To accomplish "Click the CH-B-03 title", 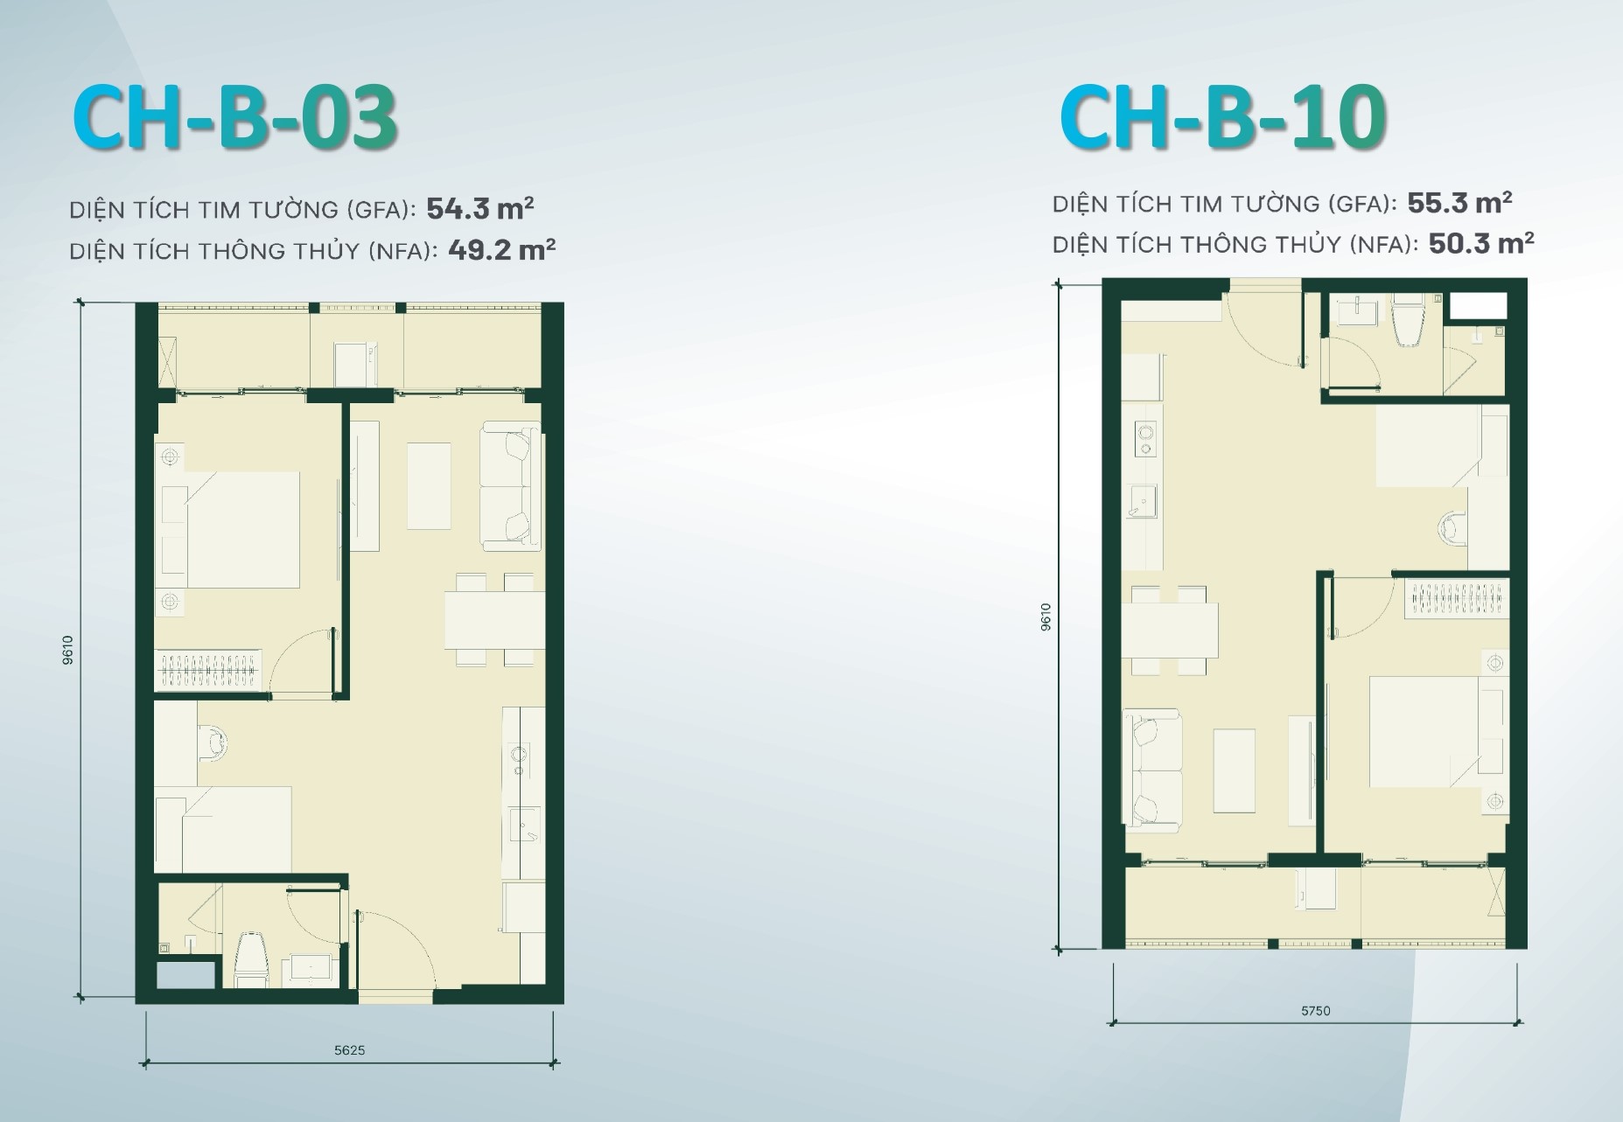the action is pyautogui.click(x=235, y=117).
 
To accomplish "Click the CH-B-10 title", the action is pyautogui.click(x=1222, y=119).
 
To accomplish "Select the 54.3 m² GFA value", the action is pyautogui.click(x=480, y=208).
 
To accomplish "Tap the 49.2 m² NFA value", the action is pyautogui.click(x=501, y=250).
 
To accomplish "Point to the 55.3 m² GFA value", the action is pyautogui.click(x=1459, y=203).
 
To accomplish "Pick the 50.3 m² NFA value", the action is pyautogui.click(x=1481, y=243).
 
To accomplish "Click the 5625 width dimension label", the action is pyautogui.click(x=349, y=1050).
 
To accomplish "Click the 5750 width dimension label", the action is pyautogui.click(x=1315, y=1011).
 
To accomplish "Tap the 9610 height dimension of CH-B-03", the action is pyautogui.click(x=68, y=649).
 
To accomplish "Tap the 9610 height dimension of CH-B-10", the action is pyautogui.click(x=1046, y=617).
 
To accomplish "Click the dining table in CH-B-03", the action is pyautogui.click(x=494, y=620).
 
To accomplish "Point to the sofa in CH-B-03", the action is pyautogui.click(x=512, y=486).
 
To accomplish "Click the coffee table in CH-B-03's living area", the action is pyautogui.click(x=429, y=485).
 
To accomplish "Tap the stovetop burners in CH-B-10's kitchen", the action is pyautogui.click(x=1144, y=438).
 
